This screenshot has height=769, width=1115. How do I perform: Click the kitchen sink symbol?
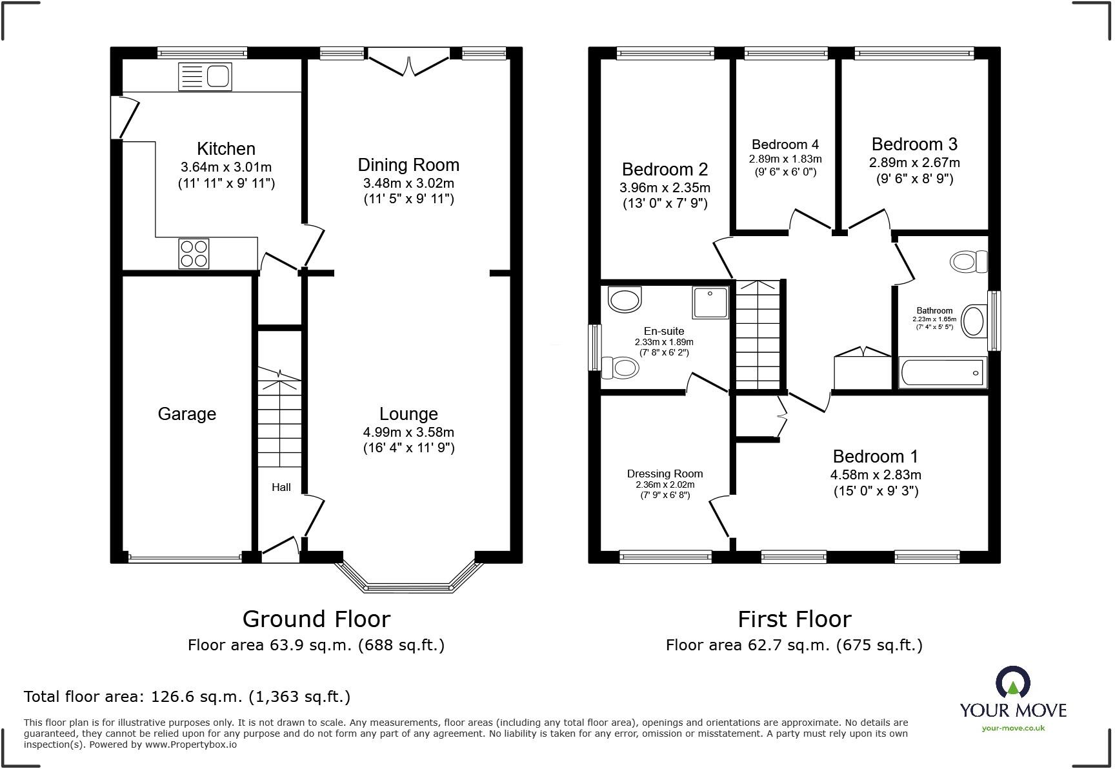pos(205,77)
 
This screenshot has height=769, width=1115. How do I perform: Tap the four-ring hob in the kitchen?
pos(194,253)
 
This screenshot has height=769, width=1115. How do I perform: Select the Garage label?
pos(187,414)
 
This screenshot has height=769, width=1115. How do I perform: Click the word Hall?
pos(281,487)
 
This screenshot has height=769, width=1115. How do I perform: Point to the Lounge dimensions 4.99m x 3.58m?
pos(409,432)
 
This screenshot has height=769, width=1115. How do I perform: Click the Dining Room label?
pos(408,165)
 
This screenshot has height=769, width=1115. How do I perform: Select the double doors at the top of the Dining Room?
pos(408,65)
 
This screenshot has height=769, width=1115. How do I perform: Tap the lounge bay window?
pos(409,577)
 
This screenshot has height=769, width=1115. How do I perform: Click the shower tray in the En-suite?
pos(711,303)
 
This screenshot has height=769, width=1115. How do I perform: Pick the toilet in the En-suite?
pos(620,368)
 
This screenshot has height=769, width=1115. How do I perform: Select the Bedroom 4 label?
pos(785,145)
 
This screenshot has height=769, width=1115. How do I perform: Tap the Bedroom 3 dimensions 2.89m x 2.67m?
pos(914,163)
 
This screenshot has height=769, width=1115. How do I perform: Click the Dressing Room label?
pos(665,474)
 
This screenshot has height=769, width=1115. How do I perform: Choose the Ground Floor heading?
pos(316,619)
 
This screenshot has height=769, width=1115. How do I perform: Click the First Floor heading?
pos(794,619)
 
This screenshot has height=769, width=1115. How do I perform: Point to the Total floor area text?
pos(187,697)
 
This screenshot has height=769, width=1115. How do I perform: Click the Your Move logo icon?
pos(1012,683)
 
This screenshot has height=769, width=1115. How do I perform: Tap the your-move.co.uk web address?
pos(1013,728)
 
